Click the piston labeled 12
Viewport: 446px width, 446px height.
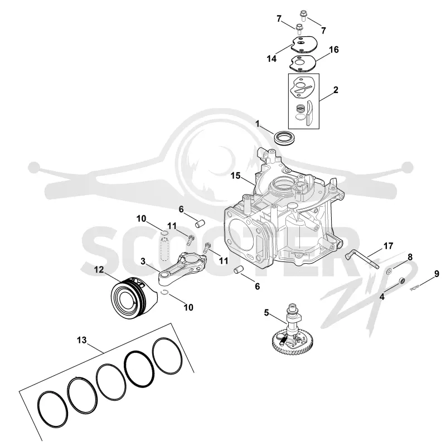133,298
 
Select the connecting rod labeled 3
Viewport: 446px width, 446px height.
182,267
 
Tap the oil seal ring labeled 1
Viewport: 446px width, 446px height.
286,138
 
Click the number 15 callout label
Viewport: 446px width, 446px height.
235,176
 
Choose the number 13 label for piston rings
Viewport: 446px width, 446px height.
81,340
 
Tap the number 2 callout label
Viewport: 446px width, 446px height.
336,90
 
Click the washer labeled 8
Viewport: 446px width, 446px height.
389,272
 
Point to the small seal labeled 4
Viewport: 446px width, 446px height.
402,280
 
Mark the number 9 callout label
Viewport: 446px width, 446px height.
437,274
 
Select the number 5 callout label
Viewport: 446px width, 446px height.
266,313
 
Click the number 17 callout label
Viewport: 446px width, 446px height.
388,246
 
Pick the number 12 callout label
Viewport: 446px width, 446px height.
99,269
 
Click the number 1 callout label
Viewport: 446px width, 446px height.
258,124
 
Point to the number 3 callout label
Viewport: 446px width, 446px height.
143,261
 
